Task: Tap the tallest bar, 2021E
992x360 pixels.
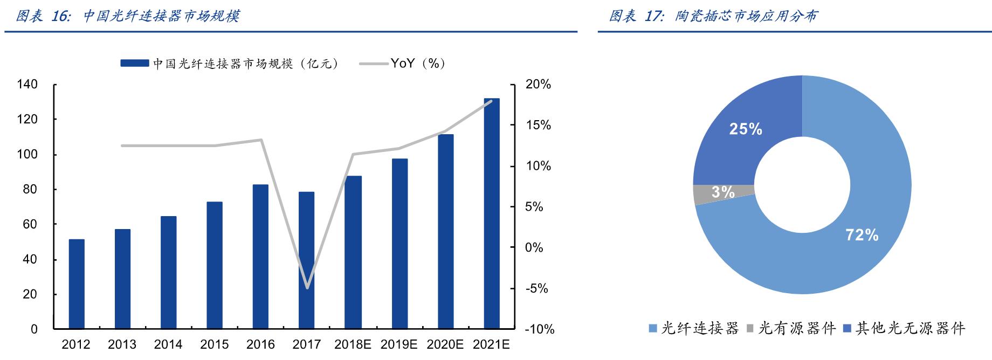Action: pyautogui.click(x=492, y=213)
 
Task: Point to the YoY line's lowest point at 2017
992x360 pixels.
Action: pyautogui.click(x=307, y=288)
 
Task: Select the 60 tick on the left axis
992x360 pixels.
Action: pyautogui.click(x=30, y=224)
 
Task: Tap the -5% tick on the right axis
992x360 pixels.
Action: pyautogui.click(x=536, y=288)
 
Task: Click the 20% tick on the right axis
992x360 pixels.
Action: pyautogui.click(x=538, y=84)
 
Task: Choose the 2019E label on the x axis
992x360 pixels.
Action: pyautogui.click(x=399, y=344)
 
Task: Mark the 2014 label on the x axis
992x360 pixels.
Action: pyautogui.click(x=168, y=344)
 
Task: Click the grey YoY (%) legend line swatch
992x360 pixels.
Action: pyautogui.click(x=373, y=64)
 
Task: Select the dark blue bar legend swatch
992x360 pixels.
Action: pyautogui.click(x=135, y=64)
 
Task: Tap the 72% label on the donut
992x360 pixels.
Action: pyautogui.click(x=862, y=235)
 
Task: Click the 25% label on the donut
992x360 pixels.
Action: pyautogui.click(x=746, y=129)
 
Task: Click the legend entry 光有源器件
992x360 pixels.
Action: pyautogui.click(x=796, y=328)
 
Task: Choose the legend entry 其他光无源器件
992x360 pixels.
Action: pyautogui.click(x=910, y=328)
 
